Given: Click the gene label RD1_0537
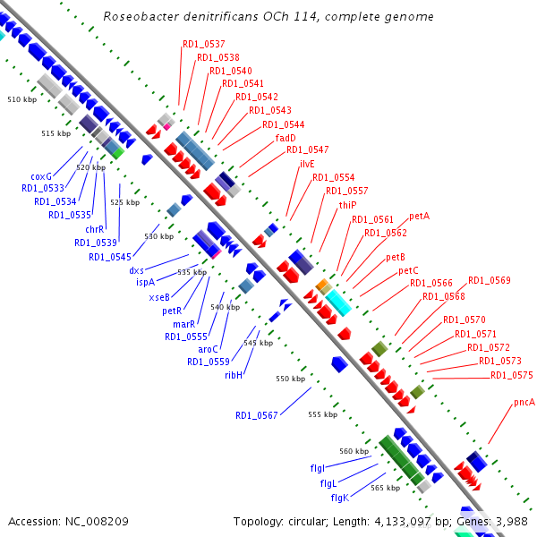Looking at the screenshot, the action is click(x=203, y=44).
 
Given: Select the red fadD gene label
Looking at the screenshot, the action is click(x=286, y=138).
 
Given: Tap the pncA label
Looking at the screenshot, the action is click(x=524, y=403).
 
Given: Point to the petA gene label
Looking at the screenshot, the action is click(x=420, y=217).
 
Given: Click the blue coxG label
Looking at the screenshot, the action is click(x=41, y=176).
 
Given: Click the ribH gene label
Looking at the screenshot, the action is click(x=234, y=375).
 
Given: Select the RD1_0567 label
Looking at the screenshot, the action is click(x=257, y=415).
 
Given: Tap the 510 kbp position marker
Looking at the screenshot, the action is click(x=21, y=99).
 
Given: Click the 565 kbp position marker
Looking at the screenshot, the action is click(x=385, y=488).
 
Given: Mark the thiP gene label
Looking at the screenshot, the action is click(x=347, y=205).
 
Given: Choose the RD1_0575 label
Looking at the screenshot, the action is click(x=511, y=375).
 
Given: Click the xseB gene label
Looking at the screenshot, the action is click(x=159, y=297).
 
